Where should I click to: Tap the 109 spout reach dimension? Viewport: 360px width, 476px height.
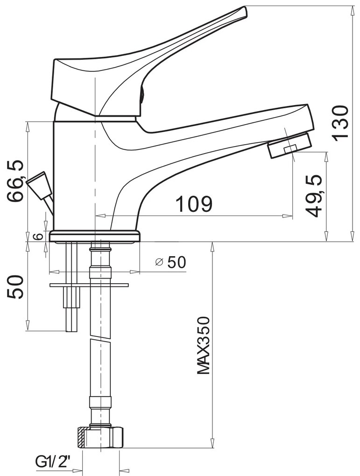(194, 203)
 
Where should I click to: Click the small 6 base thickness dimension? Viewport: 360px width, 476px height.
(40, 236)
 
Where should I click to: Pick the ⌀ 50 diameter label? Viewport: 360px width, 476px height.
(171, 263)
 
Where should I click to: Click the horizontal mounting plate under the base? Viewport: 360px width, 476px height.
(88, 284)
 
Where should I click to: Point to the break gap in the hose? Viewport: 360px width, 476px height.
(100, 339)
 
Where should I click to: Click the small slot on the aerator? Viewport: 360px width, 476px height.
(290, 148)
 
